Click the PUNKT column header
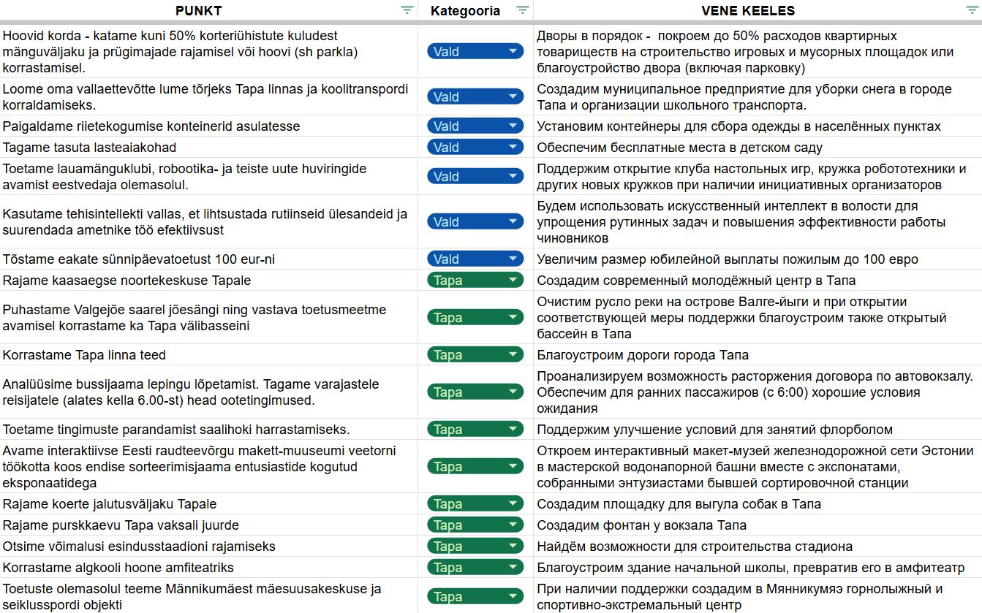tap(198, 10)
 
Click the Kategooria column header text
tap(465, 10)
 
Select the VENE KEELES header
tap(747, 10)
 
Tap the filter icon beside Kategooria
tap(522, 10)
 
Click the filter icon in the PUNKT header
tap(407, 10)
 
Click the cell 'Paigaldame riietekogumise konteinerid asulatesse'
tap(151, 126)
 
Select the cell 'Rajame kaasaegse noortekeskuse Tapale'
tap(127, 281)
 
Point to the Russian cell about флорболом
tap(714, 430)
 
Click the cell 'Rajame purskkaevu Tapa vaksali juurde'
tap(121, 525)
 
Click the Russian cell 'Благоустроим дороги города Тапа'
tap(643, 355)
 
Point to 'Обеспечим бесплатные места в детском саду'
tap(679, 148)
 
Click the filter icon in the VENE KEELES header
tap(972, 10)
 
